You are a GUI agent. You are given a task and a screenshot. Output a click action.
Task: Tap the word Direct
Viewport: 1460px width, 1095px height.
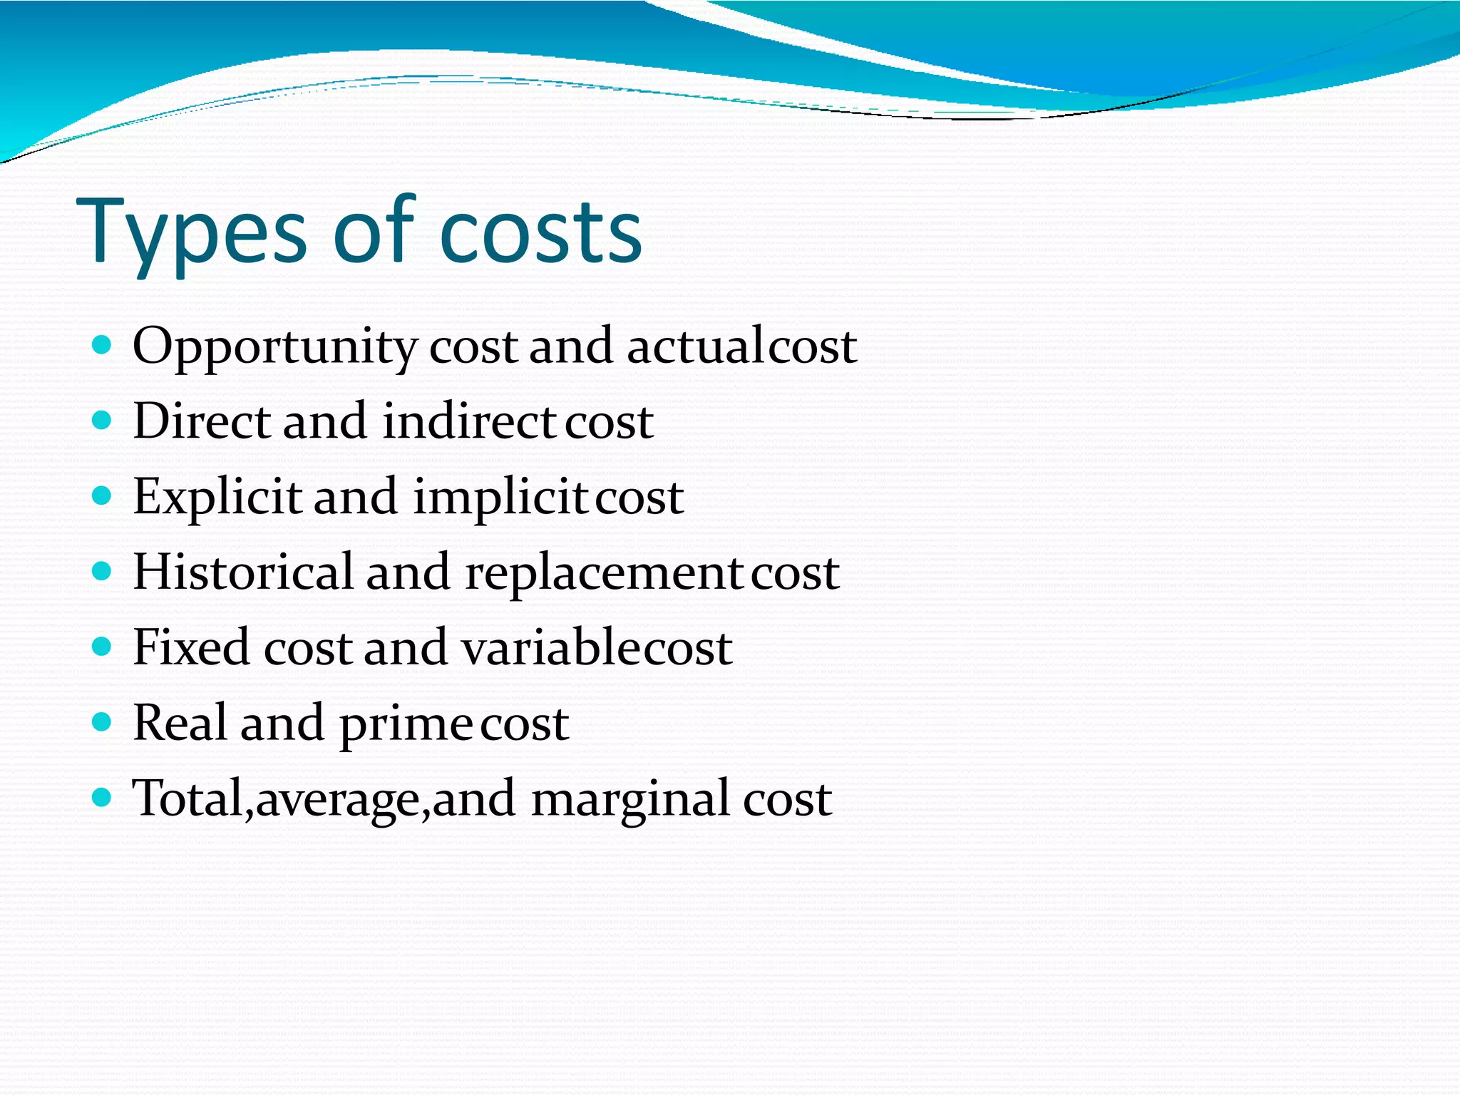(x=202, y=421)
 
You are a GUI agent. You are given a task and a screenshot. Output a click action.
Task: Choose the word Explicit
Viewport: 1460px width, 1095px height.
(x=217, y=498)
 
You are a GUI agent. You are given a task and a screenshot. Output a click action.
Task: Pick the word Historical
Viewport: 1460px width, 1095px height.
(x=243, y=572)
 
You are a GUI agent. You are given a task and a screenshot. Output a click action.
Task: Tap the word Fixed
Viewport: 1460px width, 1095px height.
(x=191, y=648)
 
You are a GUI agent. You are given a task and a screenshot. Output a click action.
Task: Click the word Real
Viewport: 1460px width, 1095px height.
(x=180, y=723)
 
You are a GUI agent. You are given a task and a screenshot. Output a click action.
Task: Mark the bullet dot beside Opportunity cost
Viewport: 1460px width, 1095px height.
(x=103, y=346)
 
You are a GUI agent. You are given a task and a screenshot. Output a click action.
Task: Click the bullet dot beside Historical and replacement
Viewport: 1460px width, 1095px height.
(x=103, y=572)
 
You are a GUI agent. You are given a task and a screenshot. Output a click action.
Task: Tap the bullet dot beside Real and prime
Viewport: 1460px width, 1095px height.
(x=103, y=722)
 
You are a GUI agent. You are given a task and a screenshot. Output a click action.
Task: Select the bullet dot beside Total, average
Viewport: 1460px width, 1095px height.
(x=103, y=797)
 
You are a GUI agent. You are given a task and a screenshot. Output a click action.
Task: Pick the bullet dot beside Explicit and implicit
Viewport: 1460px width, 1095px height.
(x=103, y=496)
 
